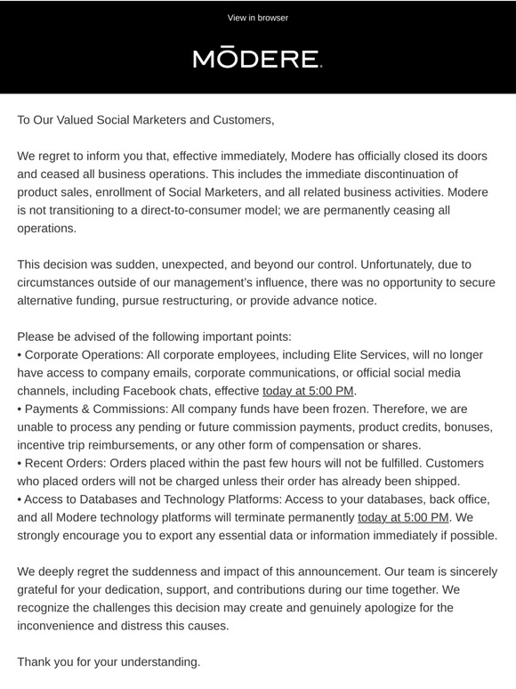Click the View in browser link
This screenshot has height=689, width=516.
pyautogui.click(x=257, y=18)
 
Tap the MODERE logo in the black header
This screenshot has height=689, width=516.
pyautogui.click(x=257, y=60)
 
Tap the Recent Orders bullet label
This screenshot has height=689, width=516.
pyautogui.click(x=69, y=464)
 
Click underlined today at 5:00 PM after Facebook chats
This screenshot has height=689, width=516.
pyautogui.click(x=308, y=391)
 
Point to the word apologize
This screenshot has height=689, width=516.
pyautogui.click(x=380, y=608)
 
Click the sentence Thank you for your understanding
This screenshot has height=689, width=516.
pyautogui.click(x=109, y=662)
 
